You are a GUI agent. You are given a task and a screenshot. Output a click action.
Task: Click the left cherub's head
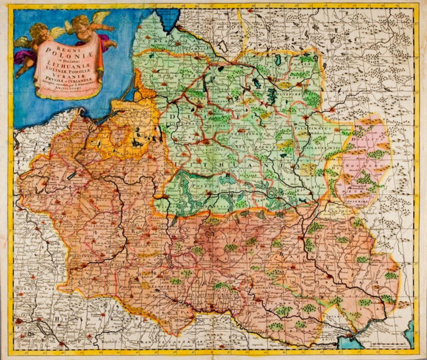[39, 30]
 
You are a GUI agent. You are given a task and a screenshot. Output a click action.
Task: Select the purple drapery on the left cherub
[25, 56]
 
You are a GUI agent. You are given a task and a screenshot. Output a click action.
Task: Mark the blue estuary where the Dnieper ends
[356, 336]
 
